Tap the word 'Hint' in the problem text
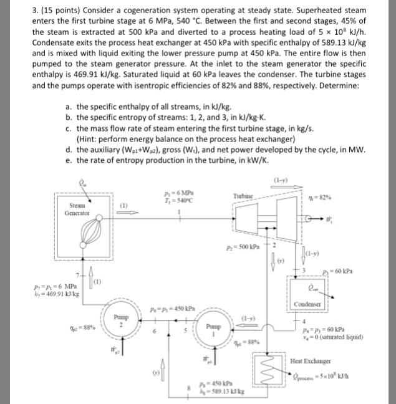pos(90,138)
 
